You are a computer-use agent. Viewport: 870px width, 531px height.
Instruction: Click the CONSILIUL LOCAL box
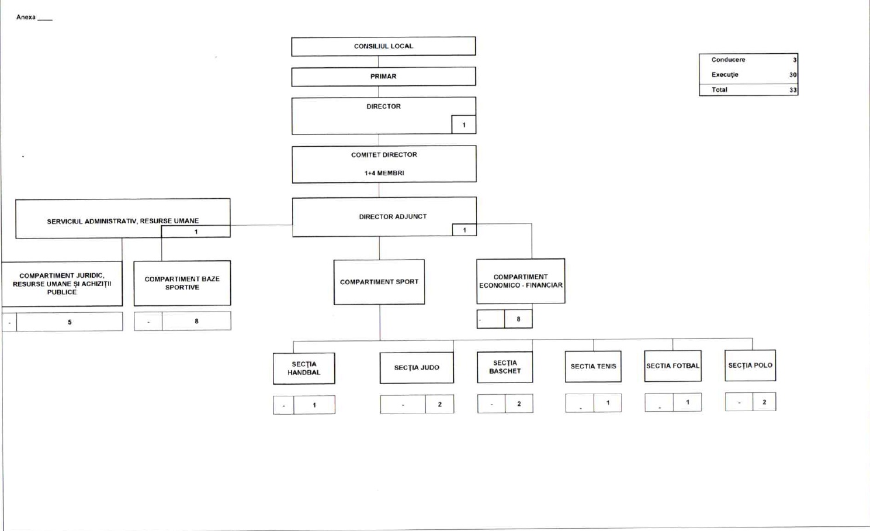click(x=383, y=46)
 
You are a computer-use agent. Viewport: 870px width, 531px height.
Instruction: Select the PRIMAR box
click(x=383, y=77)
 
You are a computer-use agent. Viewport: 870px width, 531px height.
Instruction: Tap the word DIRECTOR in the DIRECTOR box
click(x=383, y=106)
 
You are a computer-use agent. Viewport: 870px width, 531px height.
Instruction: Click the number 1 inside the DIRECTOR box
click(x=464, y=125)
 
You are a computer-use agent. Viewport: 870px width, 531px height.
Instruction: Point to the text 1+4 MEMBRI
click(x=384, y=173)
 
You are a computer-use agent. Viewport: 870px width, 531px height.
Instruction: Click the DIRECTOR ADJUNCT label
click(x=393, y=216)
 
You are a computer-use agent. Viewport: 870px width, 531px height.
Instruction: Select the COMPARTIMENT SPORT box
click(x=379, y=282)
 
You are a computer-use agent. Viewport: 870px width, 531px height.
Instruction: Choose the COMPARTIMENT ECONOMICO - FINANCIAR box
click(x=521, y=281)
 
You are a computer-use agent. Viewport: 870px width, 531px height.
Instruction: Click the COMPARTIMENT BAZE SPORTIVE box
click(x=182, y=283)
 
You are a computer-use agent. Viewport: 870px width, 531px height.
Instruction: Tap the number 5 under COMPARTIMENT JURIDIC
click(x=70, y=322)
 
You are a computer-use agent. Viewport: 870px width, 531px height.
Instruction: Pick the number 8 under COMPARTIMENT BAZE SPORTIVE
click(x=196, y=321)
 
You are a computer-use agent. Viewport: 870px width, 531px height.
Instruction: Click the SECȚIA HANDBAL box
click(x=304, y=368)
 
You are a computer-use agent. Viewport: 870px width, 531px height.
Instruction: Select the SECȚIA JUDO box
click(x=417, y=368)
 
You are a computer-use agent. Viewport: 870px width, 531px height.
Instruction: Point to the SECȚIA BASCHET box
click(x=505, y=367)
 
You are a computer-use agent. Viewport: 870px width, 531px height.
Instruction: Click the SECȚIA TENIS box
click(x=593, y=367)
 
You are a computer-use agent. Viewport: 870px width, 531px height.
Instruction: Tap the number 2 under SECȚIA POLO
click(x=764, y=402)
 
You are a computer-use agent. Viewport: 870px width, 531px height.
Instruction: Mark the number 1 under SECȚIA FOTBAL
click(x=688, y=402)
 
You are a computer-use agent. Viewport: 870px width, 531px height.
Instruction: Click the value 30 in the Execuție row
click(x=793, y=75)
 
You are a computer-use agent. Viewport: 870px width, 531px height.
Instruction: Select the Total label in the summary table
click(x=719, y=90)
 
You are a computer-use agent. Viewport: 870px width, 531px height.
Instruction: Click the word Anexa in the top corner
click(x=26, y=18)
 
